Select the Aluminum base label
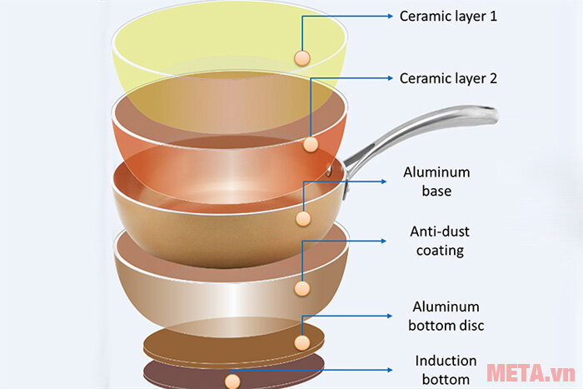(x=436, y=182)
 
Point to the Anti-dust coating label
(x=436, y=240)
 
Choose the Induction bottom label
(x=446, y=370)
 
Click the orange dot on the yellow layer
(x=301, y=57)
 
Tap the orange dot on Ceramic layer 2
(x=311, y=144)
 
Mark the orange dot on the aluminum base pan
(x=302, y=219)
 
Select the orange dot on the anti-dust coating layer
(x=302, y=288)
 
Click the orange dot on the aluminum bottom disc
(x=301, y=342)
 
